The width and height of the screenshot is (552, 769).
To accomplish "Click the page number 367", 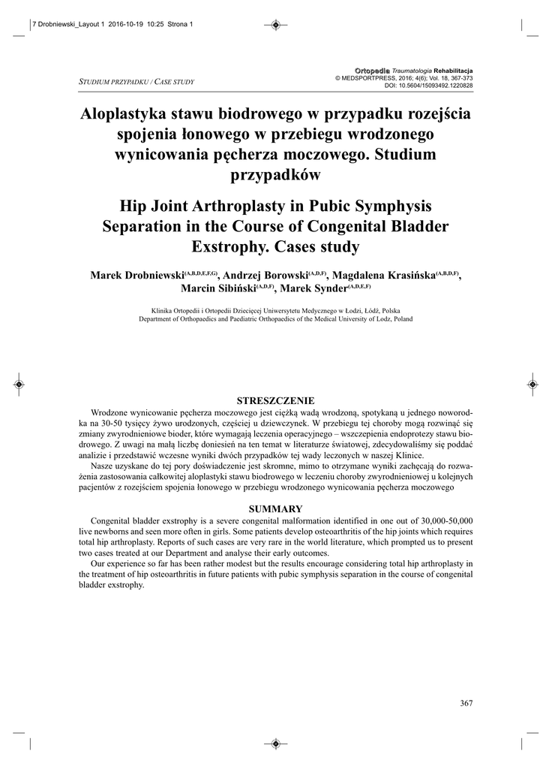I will point(466,703).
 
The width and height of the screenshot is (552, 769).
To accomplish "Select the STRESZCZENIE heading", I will point(275,400).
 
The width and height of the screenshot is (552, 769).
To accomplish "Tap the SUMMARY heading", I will point(275,508).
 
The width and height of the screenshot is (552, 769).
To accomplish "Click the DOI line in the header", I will point(428,86).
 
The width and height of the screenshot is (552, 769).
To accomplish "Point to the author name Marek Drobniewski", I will point(137,275).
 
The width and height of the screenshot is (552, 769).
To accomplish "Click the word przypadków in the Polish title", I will point(275,175).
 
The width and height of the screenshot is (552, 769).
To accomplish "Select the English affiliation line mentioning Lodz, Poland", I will point(275,318).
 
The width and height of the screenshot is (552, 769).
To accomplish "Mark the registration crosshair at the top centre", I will point(275,25).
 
